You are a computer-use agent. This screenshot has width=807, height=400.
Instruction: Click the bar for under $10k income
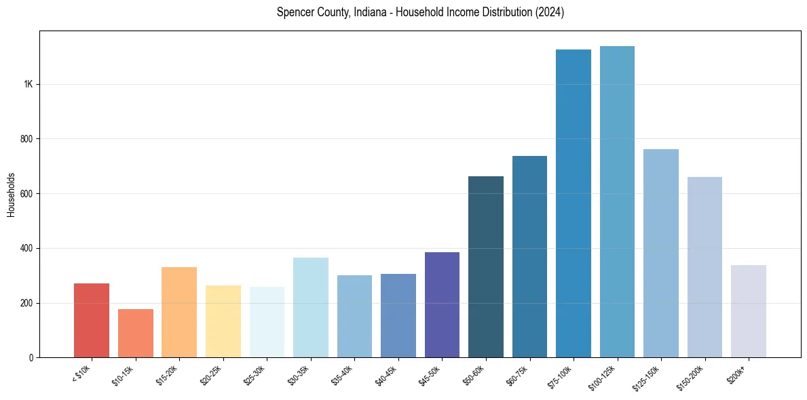tap(92, 320)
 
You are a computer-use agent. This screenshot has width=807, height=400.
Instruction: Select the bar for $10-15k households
tap(135, 333)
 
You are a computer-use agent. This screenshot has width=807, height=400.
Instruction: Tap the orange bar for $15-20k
tap(179, 312)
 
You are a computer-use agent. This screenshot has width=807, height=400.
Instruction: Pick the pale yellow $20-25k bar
tap(223, 321)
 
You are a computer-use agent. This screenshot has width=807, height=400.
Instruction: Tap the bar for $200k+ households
tap(749, 311)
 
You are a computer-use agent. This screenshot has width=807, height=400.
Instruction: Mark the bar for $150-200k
tap(705, 267)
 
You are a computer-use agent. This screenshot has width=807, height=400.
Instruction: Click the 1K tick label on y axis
tap(28, 84)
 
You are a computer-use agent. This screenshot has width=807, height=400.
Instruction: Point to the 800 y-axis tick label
tap(26, 139)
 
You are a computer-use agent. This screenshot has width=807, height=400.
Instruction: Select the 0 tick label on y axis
tap(30, 357)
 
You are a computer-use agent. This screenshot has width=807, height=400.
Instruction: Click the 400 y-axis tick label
tap(26, 248)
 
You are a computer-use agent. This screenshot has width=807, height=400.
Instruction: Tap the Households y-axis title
tap(12, 194)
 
